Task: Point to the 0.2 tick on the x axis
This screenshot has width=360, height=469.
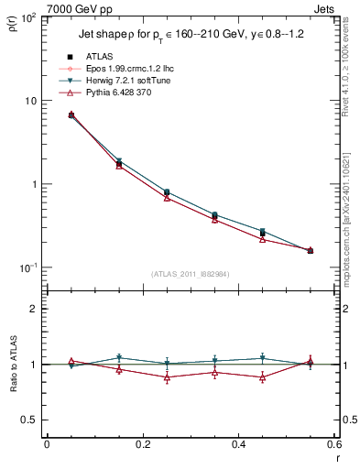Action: [142, 445]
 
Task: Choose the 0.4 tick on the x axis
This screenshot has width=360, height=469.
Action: [238, 445]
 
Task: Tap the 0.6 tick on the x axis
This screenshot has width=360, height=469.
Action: [333, 445]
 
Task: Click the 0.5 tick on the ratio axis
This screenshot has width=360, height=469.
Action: [29, 420]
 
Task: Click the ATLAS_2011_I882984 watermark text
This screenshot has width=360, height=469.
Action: [190, 274]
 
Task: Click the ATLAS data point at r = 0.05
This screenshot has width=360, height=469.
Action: [71, 115]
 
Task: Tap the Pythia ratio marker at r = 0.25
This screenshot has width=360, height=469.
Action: [167, 377]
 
